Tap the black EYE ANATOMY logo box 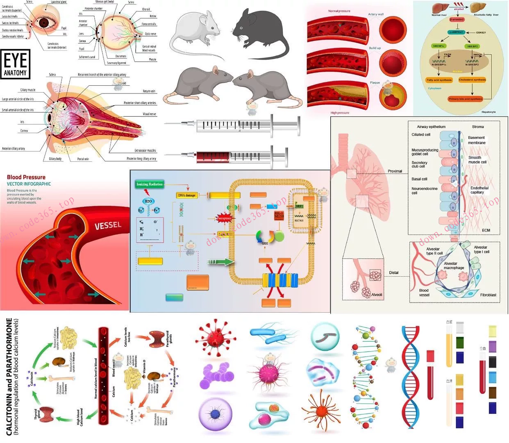[x=16, y=64]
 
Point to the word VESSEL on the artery [x=108, y=225]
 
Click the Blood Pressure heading [x=26, y=177]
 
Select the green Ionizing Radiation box [x=150, y=184]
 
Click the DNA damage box [x=186, y=195]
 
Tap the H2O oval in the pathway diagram [x=148, y=201]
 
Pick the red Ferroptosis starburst [x=224, y=218]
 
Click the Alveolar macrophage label [x=454, y=266]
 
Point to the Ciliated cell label [x=421, y=134]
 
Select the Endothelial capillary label [x=479, y=190]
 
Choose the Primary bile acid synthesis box [x=465, y=99]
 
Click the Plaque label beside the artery [x=375, y=83]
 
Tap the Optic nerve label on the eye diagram [x=150, y=34]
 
